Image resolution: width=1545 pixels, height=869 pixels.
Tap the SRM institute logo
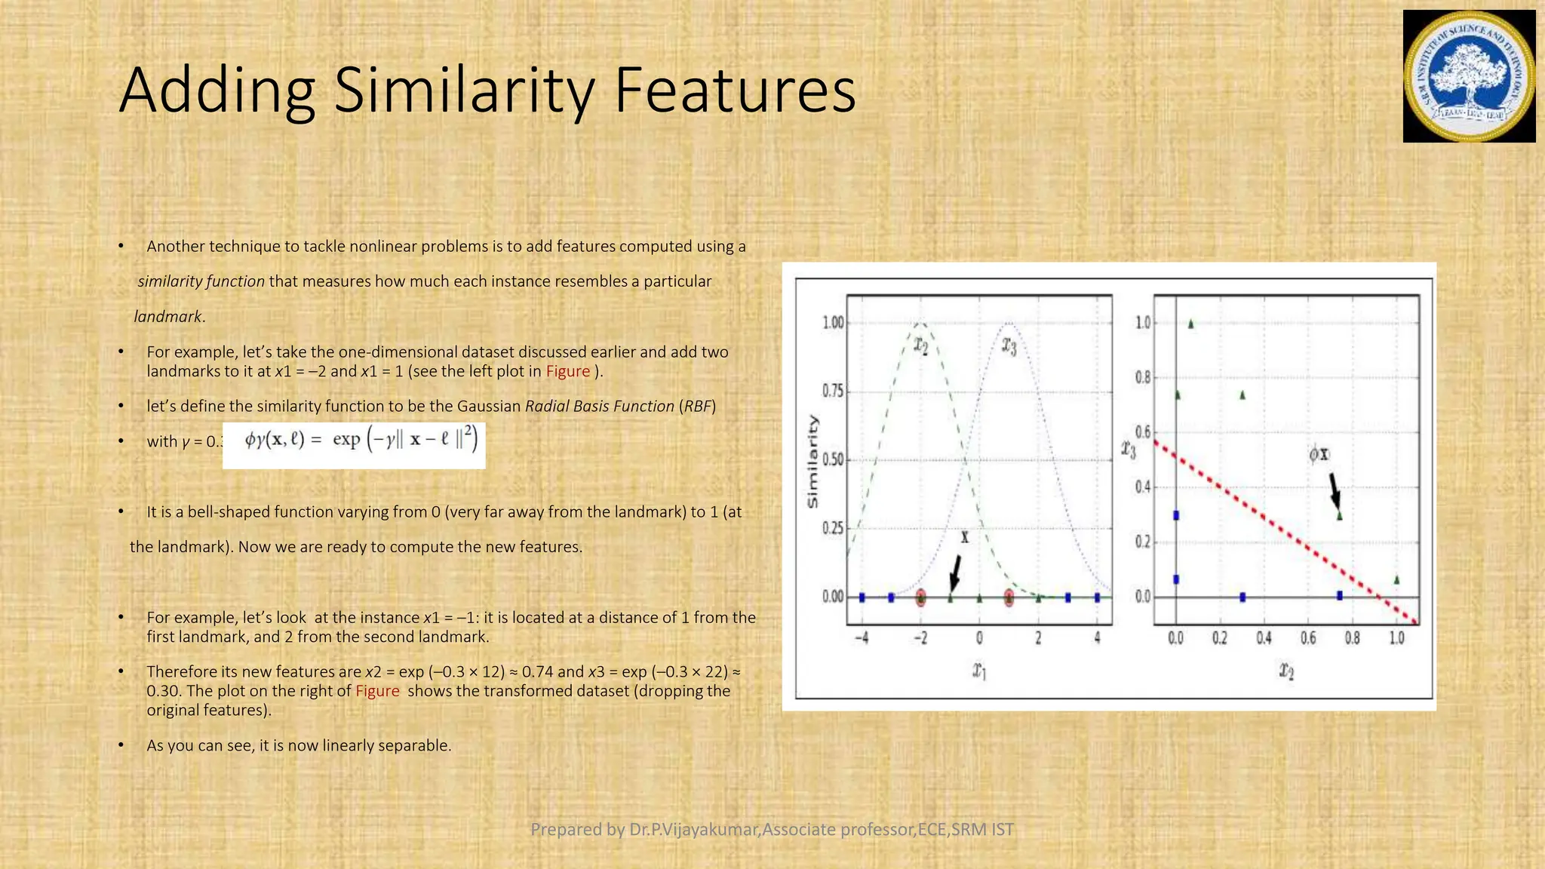(x=1469, y=77)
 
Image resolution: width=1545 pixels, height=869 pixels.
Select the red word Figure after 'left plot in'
(x=568, y=371)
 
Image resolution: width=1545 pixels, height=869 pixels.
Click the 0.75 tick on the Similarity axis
(x=833, y=391)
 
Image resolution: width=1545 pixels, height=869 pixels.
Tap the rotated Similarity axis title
(x=812, y=461)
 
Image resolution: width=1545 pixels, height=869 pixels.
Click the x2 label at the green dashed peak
(x=921, y=345)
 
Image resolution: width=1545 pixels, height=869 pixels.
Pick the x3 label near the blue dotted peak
(x=1009, y=345)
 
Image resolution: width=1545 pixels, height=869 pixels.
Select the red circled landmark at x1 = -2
(x=920, y=598)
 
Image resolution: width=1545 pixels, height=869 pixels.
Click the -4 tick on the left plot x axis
(x=862, y=638)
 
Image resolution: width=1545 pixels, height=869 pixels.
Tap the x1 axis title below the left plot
(x=979, y=670)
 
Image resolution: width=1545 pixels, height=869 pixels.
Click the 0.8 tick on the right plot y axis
(x=1143, y=377)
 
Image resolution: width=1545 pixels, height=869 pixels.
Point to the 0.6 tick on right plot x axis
(x=1308, y=638)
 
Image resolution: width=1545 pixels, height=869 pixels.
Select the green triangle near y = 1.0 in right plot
(x=1191, y=324)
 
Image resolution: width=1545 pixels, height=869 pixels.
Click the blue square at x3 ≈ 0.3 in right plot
(x=1176, y=516)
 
